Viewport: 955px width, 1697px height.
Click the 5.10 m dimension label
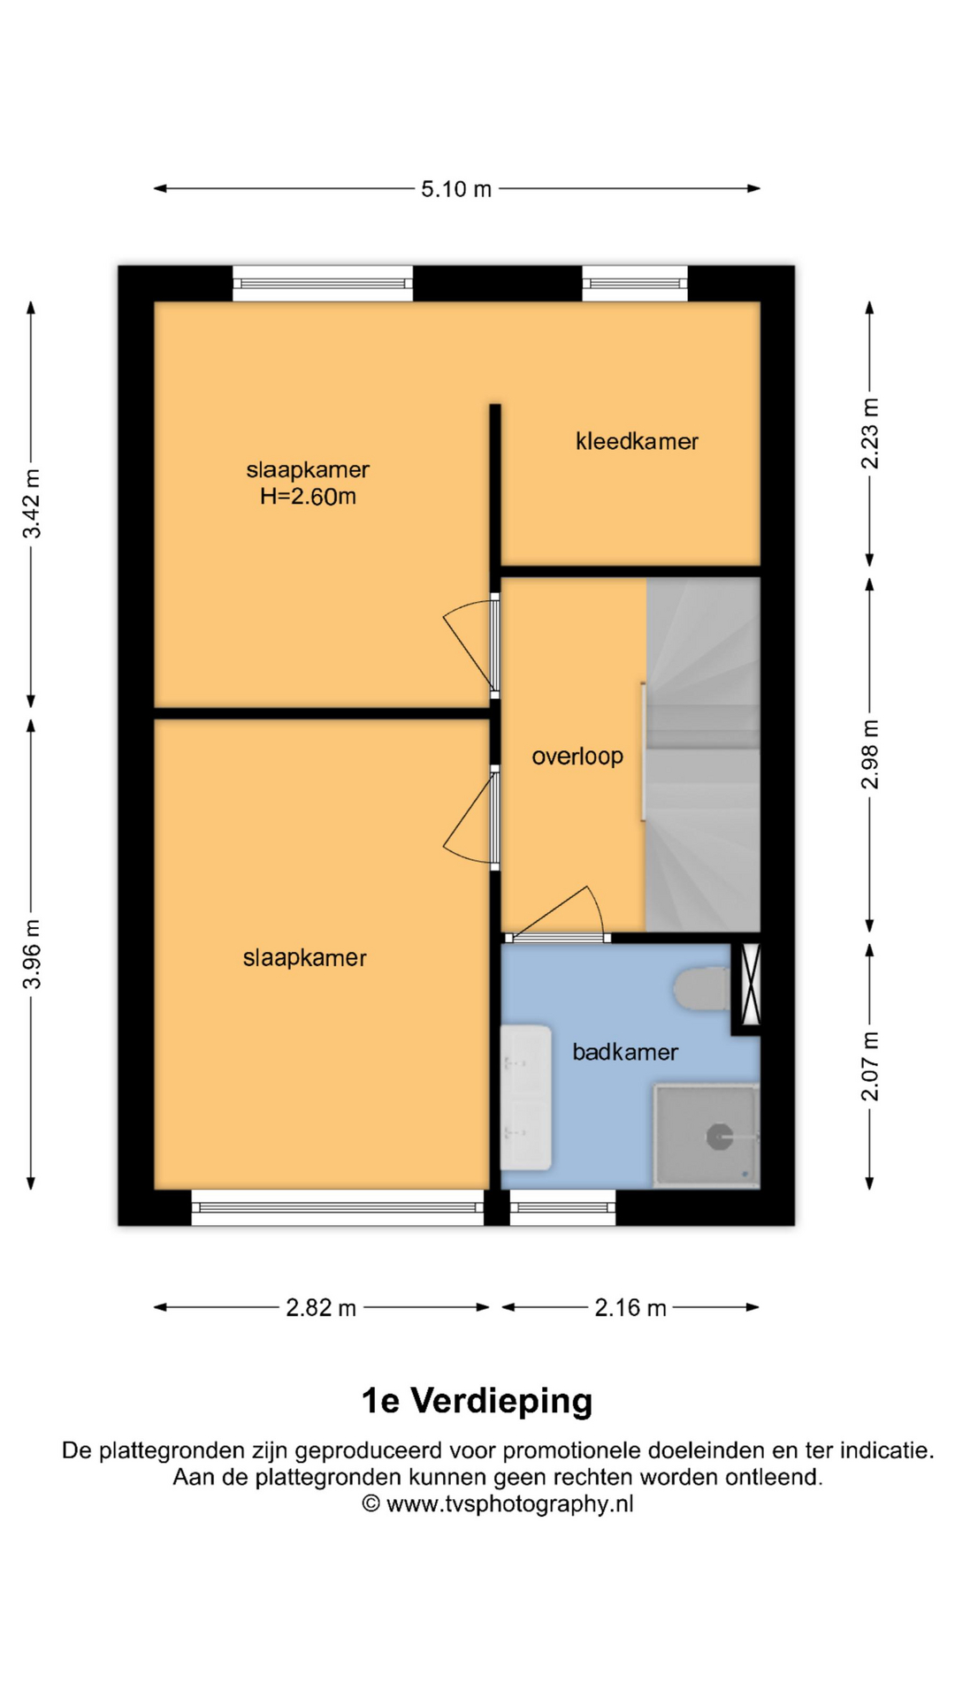(455, 189)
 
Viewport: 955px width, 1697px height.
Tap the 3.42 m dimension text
(32, 504)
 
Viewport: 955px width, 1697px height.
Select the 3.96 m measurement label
(32, 954)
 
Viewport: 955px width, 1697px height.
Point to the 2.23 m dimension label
(871, 433)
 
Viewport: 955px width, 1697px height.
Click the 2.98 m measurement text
(871, 754)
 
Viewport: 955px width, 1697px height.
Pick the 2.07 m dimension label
(871, 1066)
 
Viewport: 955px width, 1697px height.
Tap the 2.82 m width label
(321, 1308)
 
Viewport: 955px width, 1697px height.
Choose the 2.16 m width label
(630, 1308)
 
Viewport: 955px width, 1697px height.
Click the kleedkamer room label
(637, 441)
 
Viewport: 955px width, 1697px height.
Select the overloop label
(577, 757)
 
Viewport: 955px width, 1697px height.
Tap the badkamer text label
(625, 1052)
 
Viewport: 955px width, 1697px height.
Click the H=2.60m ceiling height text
(308, 497)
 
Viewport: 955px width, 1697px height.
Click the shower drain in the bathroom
(719, 1138)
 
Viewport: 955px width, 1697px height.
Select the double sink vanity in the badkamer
(526, 1097)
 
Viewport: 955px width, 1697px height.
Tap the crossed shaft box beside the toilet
(750, 985)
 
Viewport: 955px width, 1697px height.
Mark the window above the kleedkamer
(635, 284)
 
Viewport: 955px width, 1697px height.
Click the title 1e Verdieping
(477, 1401)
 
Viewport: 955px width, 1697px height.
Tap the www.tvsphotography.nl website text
(510, 1504)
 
